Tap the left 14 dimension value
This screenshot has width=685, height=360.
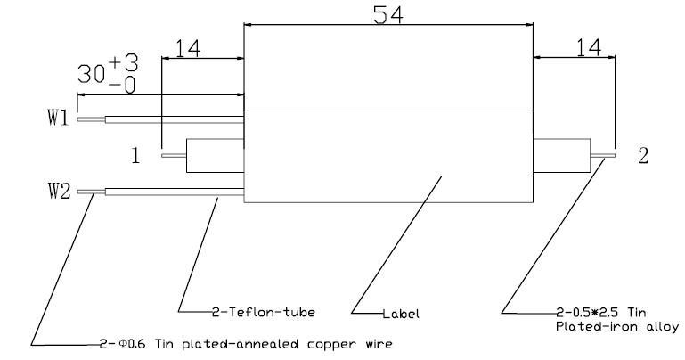[187, 48]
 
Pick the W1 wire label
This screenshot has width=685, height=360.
[58, 119]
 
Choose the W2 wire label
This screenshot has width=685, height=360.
[58, 191]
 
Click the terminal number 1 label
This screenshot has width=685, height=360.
[135, 156]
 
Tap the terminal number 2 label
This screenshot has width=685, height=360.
[642, 156]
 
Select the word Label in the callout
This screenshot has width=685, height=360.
[400, 314]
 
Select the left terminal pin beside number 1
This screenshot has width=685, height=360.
[174, 156]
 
